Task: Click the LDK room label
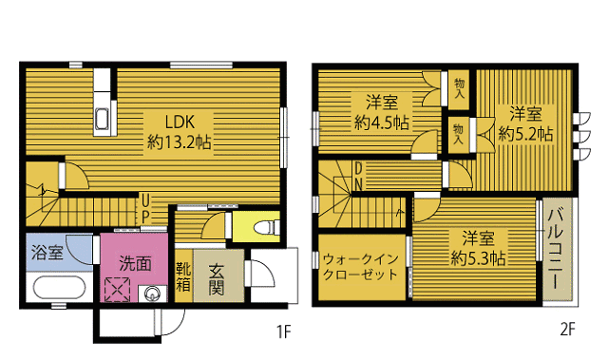click(180, 123)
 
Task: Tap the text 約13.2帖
click(180, 142)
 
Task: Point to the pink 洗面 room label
click(135, 264)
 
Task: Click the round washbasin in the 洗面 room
click(152, 294)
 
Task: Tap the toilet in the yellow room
click(269, 227)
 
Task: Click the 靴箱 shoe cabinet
click(183, 276)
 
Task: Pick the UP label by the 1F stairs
click(145, 208)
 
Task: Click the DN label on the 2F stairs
click(359, 176)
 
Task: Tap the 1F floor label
click(283, 332)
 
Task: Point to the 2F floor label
click(568, 330)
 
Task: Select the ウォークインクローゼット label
click(361, 267)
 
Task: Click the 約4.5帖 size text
click(382, 123)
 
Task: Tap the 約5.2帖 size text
click(525, 134)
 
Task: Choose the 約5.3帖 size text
click(478, 257)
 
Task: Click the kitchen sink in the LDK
click(102, 120)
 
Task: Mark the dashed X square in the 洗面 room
click(118, 290)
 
